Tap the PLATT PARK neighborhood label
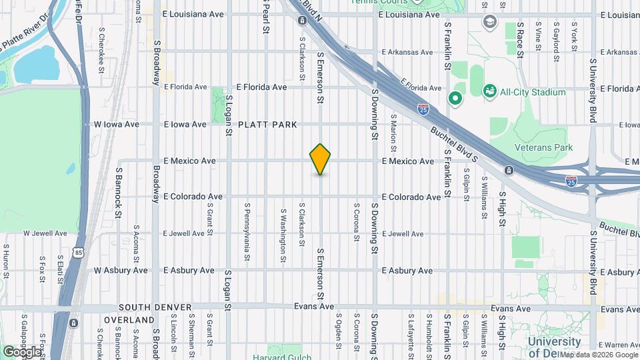267,125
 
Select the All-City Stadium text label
533,92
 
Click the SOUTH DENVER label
155,307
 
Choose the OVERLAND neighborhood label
129,321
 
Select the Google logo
21,351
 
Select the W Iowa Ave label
117,124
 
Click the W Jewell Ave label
45,234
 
